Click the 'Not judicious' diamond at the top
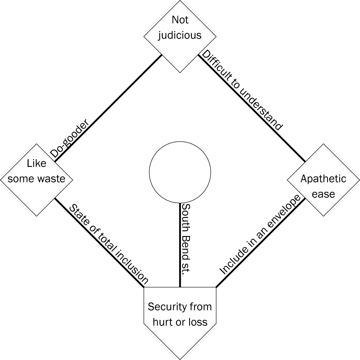tap(180, 36)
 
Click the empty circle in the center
tap(180, 172)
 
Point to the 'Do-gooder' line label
tap(70, 138)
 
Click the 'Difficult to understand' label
tap(242, 91)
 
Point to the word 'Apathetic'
tap(323, 179)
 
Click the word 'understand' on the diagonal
tap(261, 111)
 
